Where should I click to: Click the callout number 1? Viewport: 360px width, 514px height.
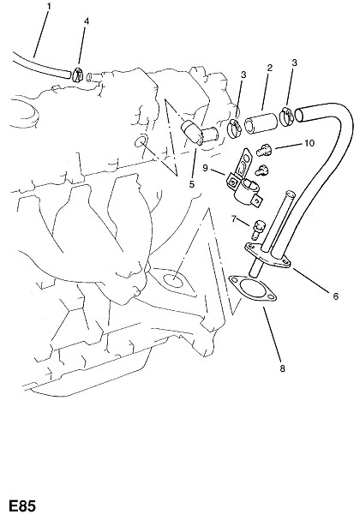coord(49,6)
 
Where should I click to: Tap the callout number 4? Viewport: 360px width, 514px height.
coord(87,21)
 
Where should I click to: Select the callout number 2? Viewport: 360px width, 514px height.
coord(269,68)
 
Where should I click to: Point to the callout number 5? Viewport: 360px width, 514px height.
coord(192,184)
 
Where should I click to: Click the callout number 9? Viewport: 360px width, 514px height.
coord(205,168)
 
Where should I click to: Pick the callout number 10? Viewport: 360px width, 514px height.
coord(309,143)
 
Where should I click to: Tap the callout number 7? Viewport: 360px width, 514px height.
coord(234,218)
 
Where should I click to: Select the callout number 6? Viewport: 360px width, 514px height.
coord(335,296)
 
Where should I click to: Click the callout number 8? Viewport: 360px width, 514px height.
coord(282,368)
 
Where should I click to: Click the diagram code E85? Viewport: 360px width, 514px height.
coord(22,505)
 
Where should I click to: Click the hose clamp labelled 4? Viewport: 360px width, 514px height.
coord(78,75)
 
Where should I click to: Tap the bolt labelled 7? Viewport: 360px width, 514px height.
coord(258,230)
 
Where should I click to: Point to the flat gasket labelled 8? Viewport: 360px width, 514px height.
coord(253,290)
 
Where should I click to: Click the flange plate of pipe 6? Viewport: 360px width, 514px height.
coord(268,255)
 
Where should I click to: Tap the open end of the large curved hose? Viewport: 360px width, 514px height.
coord(299,115)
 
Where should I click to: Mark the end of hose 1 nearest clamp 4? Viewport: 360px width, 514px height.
coord(68,75)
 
